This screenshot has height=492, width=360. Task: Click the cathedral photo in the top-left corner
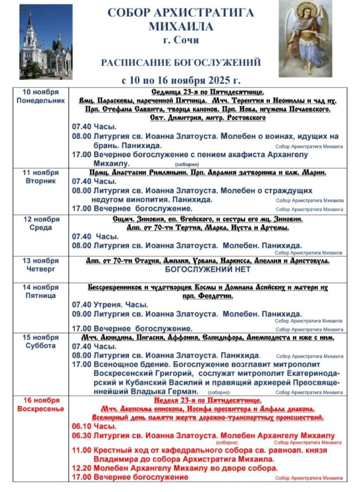click(x=46, y=42)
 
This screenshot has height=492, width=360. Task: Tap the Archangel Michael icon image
click(x=305, y=38)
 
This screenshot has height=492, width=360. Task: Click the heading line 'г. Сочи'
click(x=180, y=40)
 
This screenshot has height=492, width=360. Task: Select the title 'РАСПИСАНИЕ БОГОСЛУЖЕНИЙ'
click(x=180, y=62)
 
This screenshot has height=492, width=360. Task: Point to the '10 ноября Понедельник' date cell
click(x=41, y=96)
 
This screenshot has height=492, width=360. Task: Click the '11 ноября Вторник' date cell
click(x=41, y=176)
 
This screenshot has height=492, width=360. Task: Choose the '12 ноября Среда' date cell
click(x=41, y=223)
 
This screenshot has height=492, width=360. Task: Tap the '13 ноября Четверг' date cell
click(x=41, y=265)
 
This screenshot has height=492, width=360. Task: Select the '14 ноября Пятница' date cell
click(x=41, y=291)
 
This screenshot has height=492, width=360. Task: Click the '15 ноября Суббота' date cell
click(x=41, y=341)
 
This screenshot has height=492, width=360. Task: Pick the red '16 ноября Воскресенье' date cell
click(x=41, y=404)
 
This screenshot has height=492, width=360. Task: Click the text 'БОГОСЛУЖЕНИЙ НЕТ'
click(x=208, y=270)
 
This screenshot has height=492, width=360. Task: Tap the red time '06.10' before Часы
click(x=80, y=426)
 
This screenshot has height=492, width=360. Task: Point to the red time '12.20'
click(x=80, y=468)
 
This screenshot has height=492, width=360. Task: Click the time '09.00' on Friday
click(x=80, y=314)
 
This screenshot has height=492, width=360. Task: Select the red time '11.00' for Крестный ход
click(x=80, y=451)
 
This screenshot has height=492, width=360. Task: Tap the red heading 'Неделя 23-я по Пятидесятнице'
click(x=207, y=400)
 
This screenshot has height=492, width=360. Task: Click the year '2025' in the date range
click(x=215, y=80)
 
